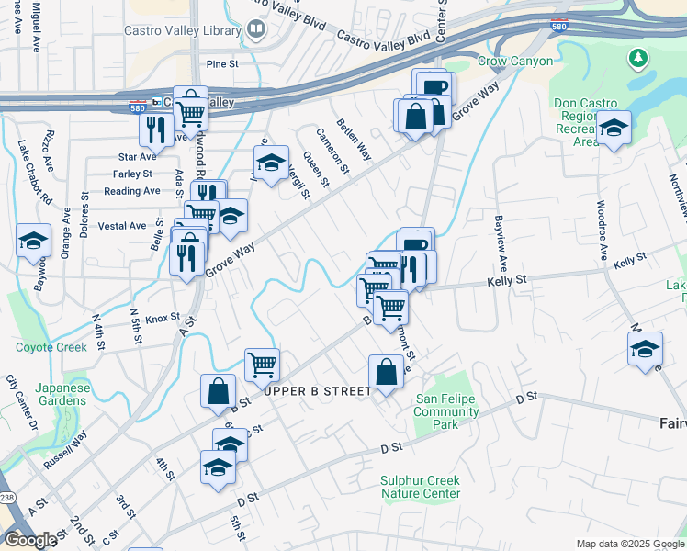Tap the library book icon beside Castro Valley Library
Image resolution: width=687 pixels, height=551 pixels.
click(255, 29)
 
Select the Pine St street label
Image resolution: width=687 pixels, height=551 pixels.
click(222, 64)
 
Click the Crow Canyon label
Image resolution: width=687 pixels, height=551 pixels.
click(515, 62)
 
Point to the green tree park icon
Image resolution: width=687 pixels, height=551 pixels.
click(637, 59)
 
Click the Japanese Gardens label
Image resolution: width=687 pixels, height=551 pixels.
click(62, 394)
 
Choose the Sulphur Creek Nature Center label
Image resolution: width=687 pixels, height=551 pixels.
click(421, 487)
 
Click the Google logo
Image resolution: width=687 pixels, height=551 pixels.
click(30, 540)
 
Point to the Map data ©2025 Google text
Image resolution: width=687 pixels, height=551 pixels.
click(630, 544)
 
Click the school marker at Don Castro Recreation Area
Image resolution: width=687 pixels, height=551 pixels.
click(613, 129)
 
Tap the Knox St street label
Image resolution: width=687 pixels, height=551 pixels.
click(162, 318)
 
